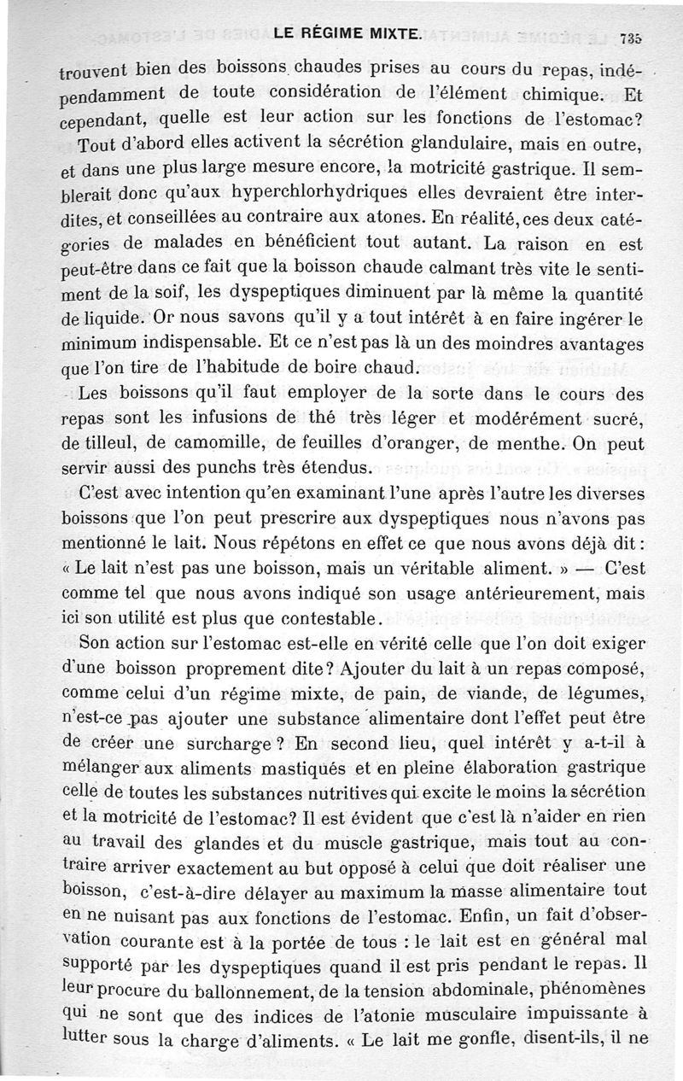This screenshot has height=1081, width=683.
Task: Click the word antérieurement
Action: click(502, 593)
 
